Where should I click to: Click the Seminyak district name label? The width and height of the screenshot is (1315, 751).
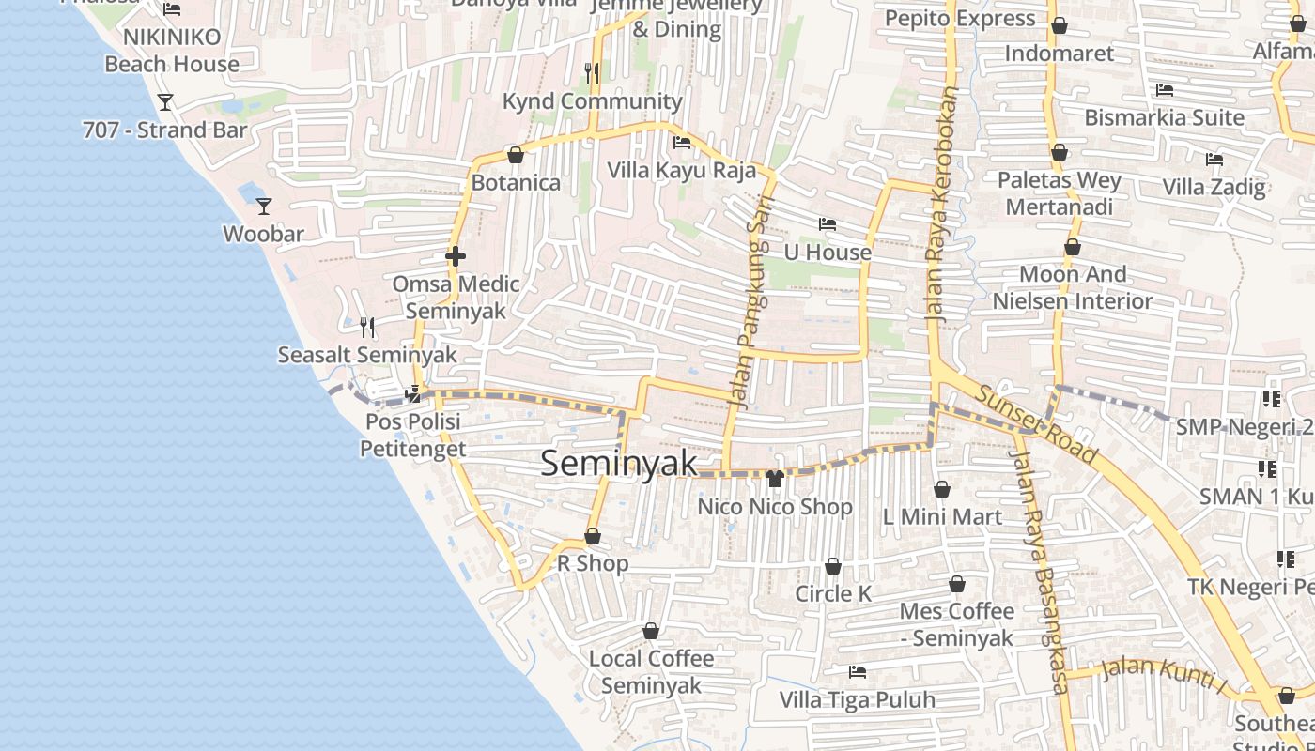[x=619, y=463]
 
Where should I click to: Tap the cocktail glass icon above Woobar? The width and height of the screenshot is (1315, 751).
[x=264, y=206]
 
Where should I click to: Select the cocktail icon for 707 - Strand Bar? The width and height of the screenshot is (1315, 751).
[x=165, y=101]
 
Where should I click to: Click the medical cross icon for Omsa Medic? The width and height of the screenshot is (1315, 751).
[x=456, y=256]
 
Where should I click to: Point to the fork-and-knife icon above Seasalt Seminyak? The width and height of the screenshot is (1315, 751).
[x=367, y=327]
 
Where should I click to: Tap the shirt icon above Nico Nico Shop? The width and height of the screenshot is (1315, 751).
[x=774, y=479]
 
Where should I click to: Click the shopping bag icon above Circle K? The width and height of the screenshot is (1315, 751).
[x=832, y=566]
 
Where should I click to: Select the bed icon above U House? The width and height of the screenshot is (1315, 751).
[x=827, y=224]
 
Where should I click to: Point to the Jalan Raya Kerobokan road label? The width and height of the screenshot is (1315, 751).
[x=942, y=206]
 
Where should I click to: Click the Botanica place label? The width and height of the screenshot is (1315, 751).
[x=516, y=183]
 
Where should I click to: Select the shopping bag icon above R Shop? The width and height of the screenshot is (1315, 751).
[x=592, y=536]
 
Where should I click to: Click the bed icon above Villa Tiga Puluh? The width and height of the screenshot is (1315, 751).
[x=857, y=672]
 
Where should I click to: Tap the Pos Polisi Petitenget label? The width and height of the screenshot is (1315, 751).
[x=413, y=436]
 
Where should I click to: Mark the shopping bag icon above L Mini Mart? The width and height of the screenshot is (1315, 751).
[x=942, y=489]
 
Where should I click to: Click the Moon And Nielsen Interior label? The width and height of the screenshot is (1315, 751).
[x=1073, y=287]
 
